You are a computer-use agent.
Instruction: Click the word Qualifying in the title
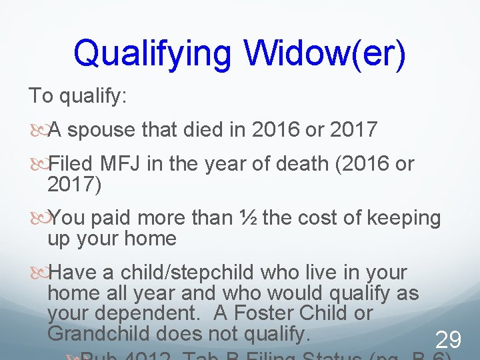pyautogui.click(x=153, y=54)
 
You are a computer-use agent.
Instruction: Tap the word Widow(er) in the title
pyautogui.click(x=324, y=54)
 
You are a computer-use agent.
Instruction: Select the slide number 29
pyautogui.click(x=447, y=341)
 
